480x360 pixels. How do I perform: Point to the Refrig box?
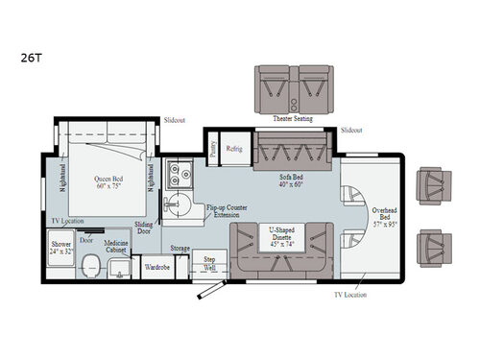coord(233,149)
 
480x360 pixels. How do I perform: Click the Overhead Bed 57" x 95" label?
coord(385,216)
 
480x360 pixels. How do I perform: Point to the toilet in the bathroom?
coord(91,265)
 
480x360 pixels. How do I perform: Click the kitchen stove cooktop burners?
coord(178,173)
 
